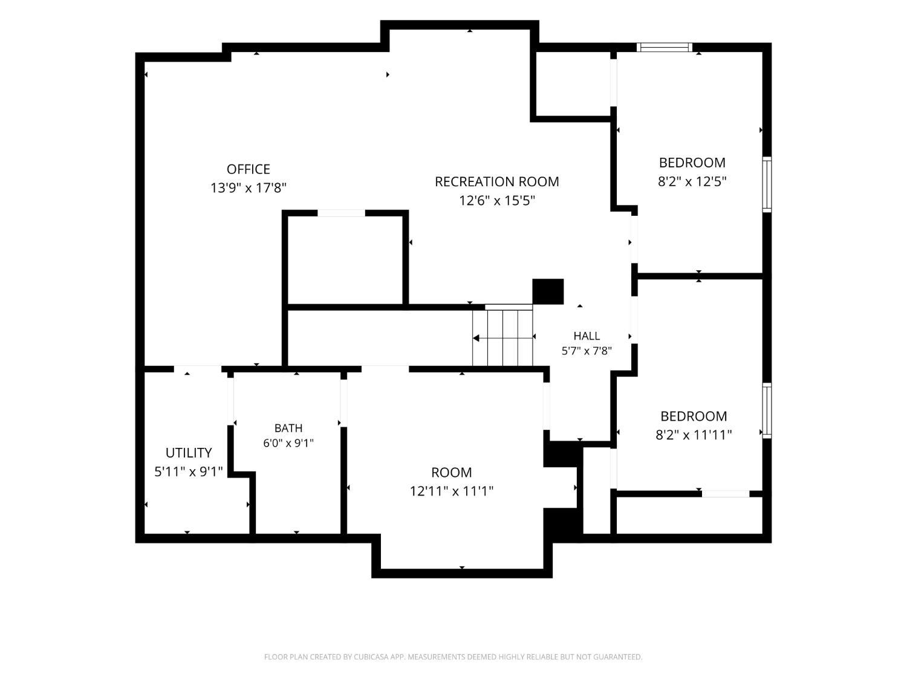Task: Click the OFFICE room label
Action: [x=249, y=169]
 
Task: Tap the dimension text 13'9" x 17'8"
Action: [x=249, y=188]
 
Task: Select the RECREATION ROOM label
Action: [x=496, y=182]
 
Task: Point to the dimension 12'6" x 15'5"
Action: [x=497, y=201]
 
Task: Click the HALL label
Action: [x=587, y=336]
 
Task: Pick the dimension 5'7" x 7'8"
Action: [x=587, y=351]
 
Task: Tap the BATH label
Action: [x=288, y=428]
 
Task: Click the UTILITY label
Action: [x=189, y=453]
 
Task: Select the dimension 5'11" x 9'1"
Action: [x=189, y=471]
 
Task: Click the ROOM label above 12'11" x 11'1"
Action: [x=451, y=472]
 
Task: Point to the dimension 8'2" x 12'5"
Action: [x=692, y=182]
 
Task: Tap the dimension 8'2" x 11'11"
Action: [x=694, y=435]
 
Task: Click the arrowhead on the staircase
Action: [x=476, y=338]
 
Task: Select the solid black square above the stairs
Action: [x=548, y=291]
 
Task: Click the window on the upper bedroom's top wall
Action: [x=665, y=47]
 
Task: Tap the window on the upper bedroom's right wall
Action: [x=767, y=184]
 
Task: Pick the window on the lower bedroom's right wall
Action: [x=767, y=411]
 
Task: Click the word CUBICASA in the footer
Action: [x=370, y=657]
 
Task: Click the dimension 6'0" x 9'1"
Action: [x=288, y=443]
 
